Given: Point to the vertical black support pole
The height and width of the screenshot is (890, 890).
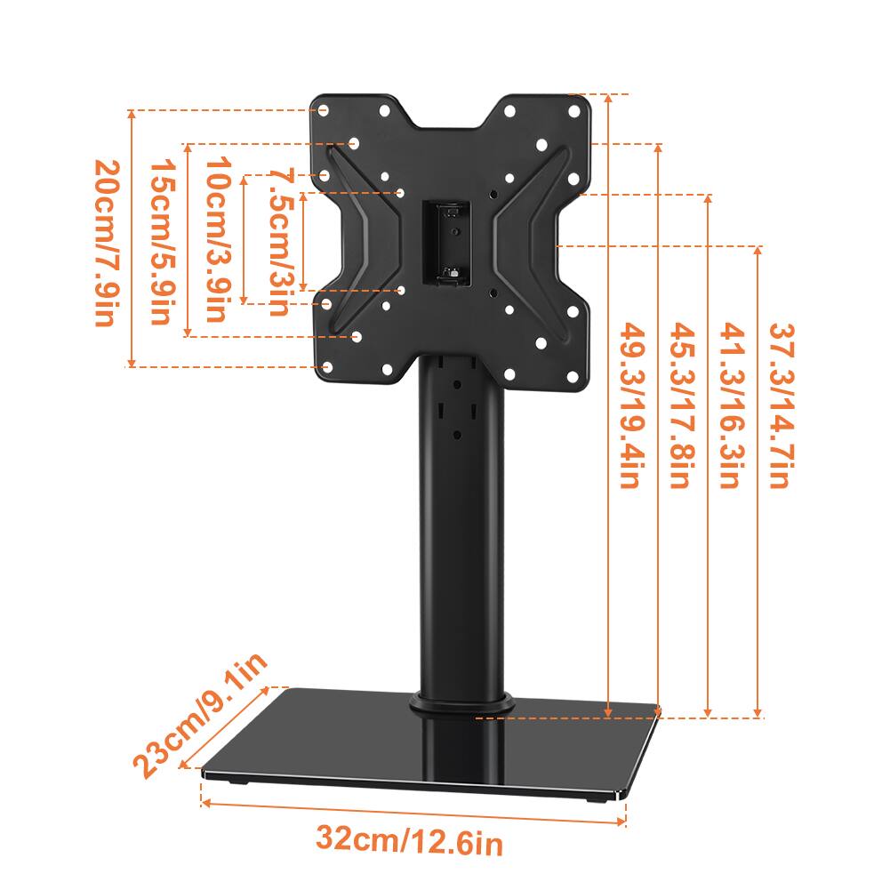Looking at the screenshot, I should (x=459, y=533).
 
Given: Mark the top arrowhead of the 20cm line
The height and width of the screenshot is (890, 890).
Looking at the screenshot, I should (x=132, y=115).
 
